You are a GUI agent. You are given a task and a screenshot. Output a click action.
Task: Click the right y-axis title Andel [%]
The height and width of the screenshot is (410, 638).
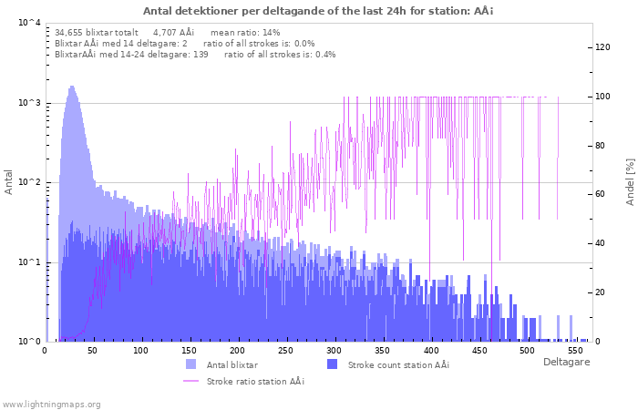click(629, 181)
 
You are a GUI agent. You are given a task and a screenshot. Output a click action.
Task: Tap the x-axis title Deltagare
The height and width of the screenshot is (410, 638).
click(566, 362)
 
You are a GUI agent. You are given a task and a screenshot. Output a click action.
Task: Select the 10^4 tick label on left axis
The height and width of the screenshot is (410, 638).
click(28, 23)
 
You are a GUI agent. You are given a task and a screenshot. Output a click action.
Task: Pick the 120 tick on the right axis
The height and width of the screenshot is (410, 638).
click(602, 47)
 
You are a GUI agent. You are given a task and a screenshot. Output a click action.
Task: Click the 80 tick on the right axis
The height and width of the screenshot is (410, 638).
click(602, 146)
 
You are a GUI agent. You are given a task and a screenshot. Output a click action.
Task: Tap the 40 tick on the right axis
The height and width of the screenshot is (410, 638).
click(602, 243)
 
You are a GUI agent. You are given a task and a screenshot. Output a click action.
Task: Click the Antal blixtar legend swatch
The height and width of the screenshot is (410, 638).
click(190, 364)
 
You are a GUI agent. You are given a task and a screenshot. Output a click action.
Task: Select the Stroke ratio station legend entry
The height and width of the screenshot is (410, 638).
click(255, 381)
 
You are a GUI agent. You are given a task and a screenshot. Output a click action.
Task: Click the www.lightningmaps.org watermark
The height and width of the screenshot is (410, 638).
click(51, 404)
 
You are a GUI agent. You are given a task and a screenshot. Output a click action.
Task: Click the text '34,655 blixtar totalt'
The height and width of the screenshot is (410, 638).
click(96, 32)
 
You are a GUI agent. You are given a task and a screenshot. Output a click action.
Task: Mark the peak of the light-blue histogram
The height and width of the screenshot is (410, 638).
click(71, 87)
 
